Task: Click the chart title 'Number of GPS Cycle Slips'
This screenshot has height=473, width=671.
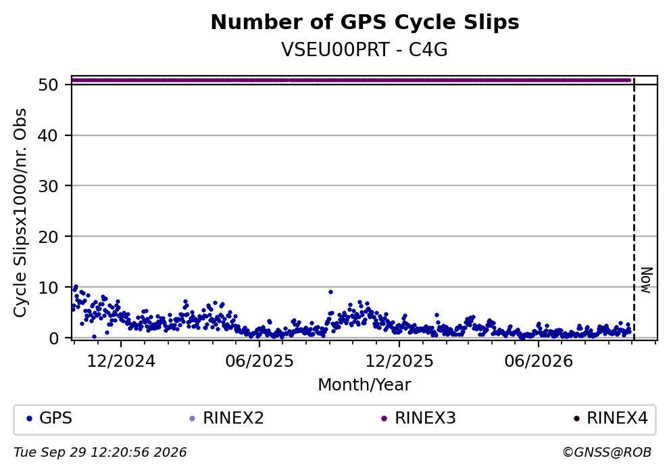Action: (x=365, y=22)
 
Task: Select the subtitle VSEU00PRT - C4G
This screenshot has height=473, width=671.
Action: (x=365, y=49)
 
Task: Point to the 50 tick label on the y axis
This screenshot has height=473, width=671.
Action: (x=48, y=85)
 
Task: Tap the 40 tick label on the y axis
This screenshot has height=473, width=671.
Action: (x=48, y=135)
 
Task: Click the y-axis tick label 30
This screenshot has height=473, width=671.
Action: (x=48, y=186)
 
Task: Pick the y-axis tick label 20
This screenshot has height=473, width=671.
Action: (x=48, y=237)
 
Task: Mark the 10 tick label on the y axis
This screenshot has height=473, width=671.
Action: (x=48, y=287)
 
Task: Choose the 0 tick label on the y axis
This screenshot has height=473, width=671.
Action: (x=53, y=338)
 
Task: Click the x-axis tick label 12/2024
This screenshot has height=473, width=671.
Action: (x=121, y=361)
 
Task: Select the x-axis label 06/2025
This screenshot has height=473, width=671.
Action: (x=259, y=361)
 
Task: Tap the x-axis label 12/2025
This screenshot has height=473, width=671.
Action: (x=399, y=361)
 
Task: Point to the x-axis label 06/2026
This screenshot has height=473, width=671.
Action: (x=539, y=361)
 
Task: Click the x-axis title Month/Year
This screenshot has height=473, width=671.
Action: (x=365, y=385)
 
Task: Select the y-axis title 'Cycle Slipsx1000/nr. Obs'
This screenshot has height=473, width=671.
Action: (x=20, y=213)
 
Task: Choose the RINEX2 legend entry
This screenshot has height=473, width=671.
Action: (x=227, y=418)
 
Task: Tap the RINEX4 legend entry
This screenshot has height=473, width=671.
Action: (x=611, y=418)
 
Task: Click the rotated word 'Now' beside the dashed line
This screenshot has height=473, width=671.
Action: (x=647, y=280)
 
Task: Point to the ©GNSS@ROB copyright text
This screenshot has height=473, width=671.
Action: (x=607, y=453)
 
